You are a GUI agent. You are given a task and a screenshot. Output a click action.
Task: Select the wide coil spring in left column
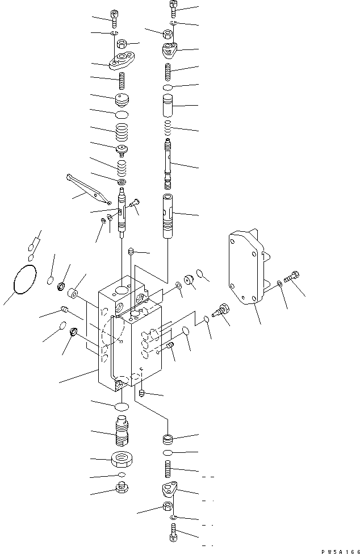[x=122, y=135]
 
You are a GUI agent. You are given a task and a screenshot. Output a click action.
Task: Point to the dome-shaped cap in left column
[x=122, y=101]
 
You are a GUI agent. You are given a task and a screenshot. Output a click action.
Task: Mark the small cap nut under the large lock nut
[x=122, y=488]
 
